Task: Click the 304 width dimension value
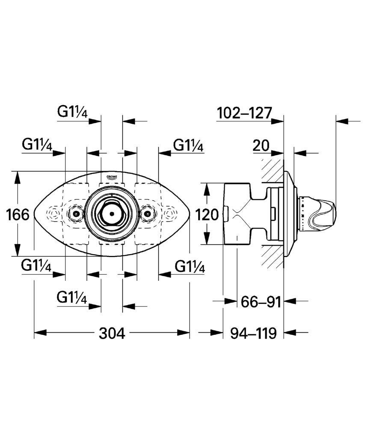112,333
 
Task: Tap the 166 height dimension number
18,214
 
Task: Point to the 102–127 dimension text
245,113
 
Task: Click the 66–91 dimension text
261,302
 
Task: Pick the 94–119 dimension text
253,333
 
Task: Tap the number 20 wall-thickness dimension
261,146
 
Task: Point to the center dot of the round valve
112,213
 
